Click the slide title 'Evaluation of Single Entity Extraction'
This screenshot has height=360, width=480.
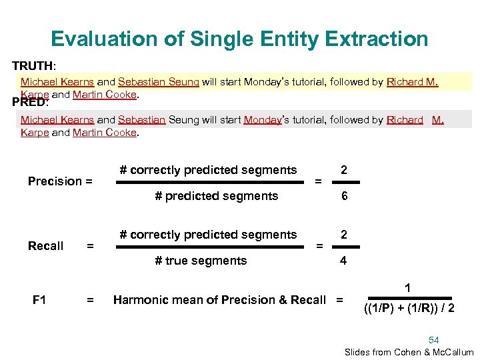coord(239,39)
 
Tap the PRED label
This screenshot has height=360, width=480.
coord(29,103)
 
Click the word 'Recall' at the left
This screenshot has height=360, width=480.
coord(46,246)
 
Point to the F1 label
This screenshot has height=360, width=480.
coord(39,300)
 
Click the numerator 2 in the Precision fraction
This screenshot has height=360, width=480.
coord(343,170)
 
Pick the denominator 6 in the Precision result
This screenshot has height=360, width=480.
coord(343,196)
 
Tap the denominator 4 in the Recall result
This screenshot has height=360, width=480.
coord(343,261)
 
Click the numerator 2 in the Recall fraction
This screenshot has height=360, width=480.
coord(343,235)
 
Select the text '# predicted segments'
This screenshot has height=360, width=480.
coord(216,196)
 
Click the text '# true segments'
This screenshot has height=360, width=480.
coord(201,261)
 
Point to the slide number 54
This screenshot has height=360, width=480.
coord(434,340)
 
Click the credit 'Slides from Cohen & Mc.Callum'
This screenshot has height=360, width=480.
coord(409,352)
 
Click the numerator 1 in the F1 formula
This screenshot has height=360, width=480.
coord(408,288)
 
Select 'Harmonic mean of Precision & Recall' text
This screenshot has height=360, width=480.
coord(219,300)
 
